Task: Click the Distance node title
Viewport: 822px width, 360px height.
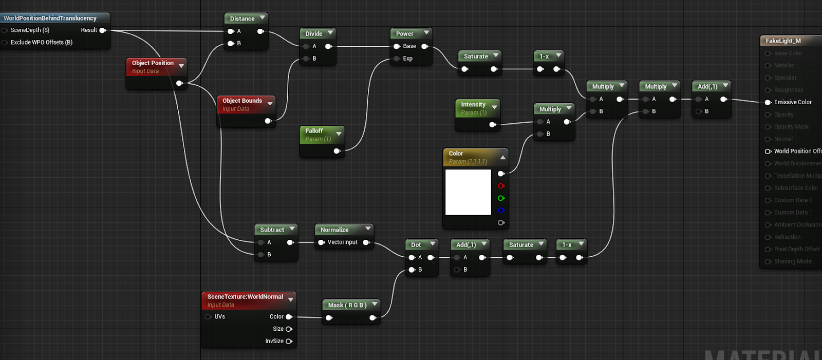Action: click(242, 18)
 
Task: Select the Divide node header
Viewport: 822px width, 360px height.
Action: click(314, 33)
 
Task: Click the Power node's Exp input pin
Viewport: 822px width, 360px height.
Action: click(397, 59)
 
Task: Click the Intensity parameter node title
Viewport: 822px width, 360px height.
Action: click(473, 104)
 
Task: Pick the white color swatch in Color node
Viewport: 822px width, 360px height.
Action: click(468, 192)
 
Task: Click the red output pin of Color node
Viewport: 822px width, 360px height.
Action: click(501, 186)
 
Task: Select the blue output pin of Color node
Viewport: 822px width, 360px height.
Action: click(501, 211)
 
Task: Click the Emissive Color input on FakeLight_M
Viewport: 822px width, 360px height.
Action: click(769, 102)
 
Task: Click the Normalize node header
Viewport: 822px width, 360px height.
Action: click(334, 230)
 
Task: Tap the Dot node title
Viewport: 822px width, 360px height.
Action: click(416, 245)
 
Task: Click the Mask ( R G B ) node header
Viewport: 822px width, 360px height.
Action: click(347, 305)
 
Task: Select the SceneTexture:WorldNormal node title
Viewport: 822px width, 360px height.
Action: click(245, 296)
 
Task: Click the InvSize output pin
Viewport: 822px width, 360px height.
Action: click(289, 341)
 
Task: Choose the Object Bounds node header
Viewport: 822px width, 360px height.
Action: click(242, 101)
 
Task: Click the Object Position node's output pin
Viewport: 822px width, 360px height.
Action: click(179, 83)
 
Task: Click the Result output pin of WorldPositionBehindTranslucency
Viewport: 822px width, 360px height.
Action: click(102, 30)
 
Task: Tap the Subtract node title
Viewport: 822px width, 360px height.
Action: click(272, 230)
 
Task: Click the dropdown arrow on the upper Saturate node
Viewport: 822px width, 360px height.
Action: click(496, 55)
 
